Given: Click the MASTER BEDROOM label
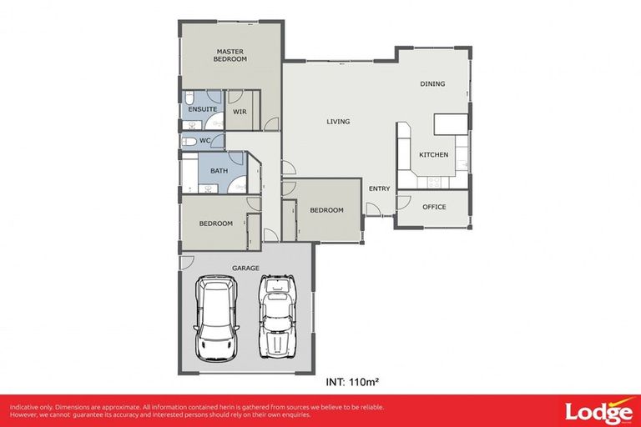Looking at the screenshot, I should (x=230, y=55).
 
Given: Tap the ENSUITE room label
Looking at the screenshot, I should (x=203, y=109).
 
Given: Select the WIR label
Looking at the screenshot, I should (x=239, y=111).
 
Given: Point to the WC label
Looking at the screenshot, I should (x=204, y=141).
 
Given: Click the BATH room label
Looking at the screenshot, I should (x=219, y=171).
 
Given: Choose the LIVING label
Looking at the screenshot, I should (x=338, y=122).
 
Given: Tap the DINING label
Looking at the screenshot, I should (x=432, y=83).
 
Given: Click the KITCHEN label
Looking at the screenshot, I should (x=433, y=155).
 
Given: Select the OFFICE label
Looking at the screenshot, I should (x=434, y=207).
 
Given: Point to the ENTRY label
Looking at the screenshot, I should (x=379, y=188).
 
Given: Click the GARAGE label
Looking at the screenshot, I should (x=246, y=268).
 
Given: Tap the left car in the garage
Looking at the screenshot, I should (x=216, y=319).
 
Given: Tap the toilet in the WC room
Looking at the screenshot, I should (x=189, y=142).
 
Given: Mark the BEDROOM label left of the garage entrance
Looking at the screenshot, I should (x=215, y=224).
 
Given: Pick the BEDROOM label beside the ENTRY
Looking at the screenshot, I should (x=326, y=210).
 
